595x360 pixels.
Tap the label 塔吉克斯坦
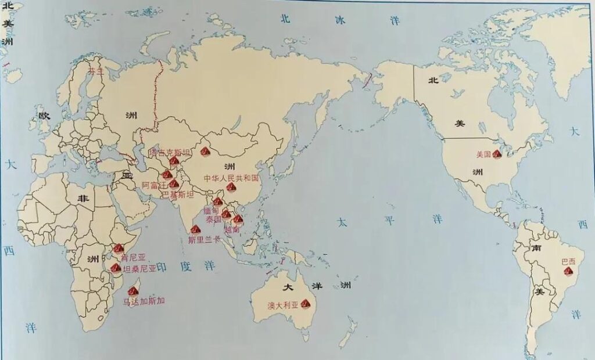pos(170,152)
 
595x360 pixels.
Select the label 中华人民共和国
pos(230,178)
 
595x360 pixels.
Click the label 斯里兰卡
pos(205,237)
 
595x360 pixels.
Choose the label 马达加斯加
pos(144,301)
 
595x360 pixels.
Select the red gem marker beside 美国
pos(497,154)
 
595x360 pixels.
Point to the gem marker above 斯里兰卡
pos(195,229)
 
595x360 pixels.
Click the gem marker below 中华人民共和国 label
pos(231,187)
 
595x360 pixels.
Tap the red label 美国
pos(483,154)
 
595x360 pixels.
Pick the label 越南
pos(231,230)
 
